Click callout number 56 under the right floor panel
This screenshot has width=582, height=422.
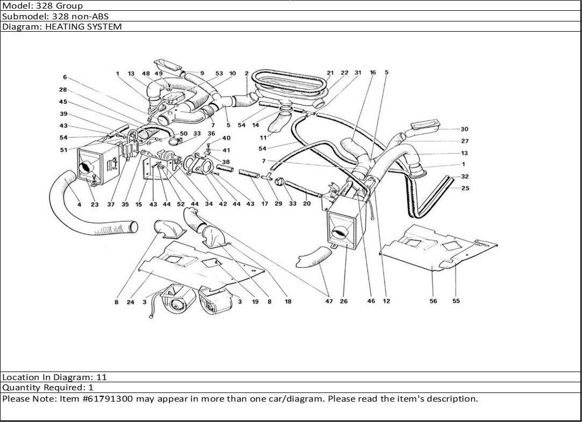click(x=433, y=301)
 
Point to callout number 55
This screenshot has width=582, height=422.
click(x=456, y=301)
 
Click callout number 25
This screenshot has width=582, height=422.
click(x=465, y=188)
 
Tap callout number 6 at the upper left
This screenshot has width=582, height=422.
click(x=64, y=77)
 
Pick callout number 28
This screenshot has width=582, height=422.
click(x=63, y=90)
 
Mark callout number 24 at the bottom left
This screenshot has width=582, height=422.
click(x=130, y=302)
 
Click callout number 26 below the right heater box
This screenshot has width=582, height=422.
click(x=344, y=301)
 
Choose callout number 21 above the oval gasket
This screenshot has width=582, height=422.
click(x=330, y=73)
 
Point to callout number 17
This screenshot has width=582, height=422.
click(x=264, y=204)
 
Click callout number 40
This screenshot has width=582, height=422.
click(x=226, y=138)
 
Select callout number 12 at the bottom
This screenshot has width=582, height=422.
click(x=386, y=301)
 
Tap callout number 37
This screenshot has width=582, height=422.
click(x=111, y=204)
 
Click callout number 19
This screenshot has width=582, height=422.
click(x=255, y=302)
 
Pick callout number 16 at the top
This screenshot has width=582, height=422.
click(x=372, y=73)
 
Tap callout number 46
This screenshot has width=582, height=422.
click(x=371, y=301)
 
